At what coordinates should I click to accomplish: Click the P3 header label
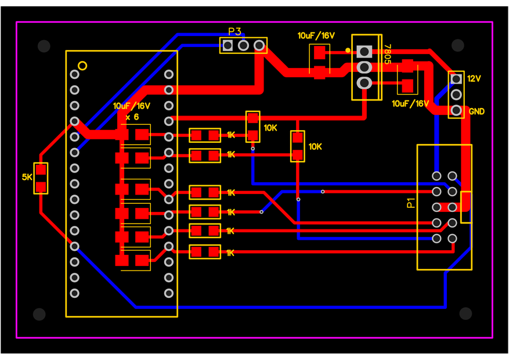(234, 31)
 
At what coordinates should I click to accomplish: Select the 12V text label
(474, 78)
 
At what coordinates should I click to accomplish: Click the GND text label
(476, 111)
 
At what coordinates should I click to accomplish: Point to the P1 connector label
(411, 203)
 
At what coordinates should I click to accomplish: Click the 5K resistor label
(27, 177)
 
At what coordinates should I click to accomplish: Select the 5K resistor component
(41, 178)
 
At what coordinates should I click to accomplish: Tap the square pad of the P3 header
(228, 45)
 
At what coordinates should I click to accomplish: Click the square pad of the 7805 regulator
(364, 52)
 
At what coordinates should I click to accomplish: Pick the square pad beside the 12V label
(456, 79)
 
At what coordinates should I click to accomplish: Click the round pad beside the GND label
(456, 110)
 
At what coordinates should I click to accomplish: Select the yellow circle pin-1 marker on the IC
(82, 66)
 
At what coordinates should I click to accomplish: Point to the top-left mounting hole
(44, 46)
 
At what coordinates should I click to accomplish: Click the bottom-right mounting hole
(465, 314)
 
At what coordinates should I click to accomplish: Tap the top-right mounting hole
(458, 45)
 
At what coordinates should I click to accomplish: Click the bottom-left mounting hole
(39, 314)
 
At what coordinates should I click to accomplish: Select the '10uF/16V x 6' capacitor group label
(132, 111)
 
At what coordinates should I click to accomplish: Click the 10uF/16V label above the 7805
(316, 35)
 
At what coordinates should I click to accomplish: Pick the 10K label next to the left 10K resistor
(270, 128)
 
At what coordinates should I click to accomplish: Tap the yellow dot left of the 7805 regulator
(348, 51)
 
